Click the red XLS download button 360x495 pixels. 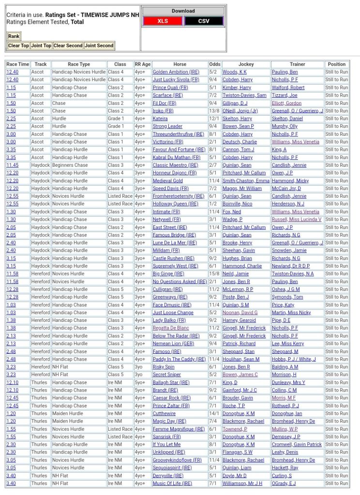[x=163, y=21]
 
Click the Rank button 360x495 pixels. [x=14, y=36]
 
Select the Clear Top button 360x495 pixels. [x=18, y=45]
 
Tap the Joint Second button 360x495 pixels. [x=99, y=45]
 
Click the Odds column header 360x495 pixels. [x=215, y=64]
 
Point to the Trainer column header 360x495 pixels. [x=297, y=64]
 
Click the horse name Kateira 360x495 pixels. [x=160, y=118]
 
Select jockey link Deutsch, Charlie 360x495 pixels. [x=240, y=142]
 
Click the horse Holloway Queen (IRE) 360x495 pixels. [x=175, y=204]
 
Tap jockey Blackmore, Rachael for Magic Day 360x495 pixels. [x=243, y=422]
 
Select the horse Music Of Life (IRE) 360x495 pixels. [x=172, y=483]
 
